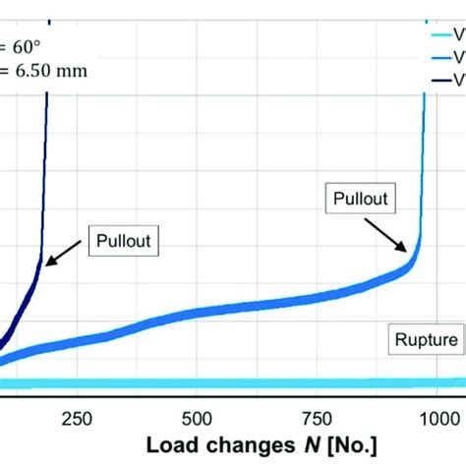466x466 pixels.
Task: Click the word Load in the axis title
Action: (x=172, y=445)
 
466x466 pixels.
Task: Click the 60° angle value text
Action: (x=21, y=45)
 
